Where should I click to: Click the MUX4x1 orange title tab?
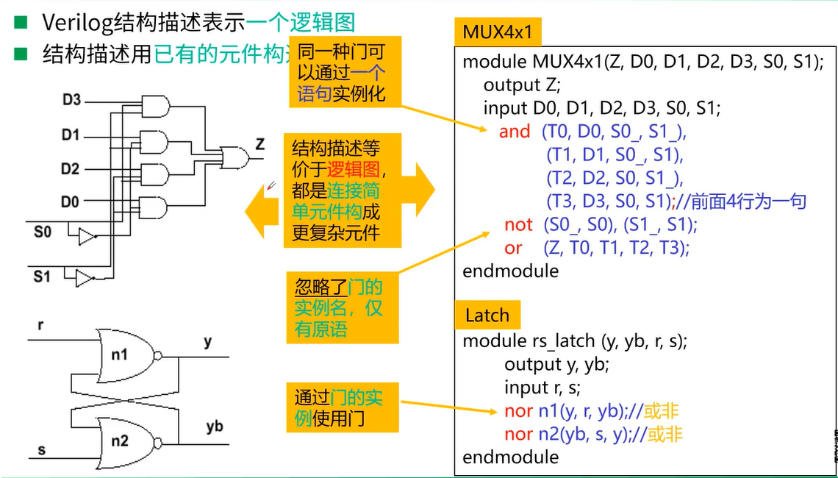(x=498, y=32)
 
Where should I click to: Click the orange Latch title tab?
(x=487, y=315)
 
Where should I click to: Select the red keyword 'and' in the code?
(x=514, y=132)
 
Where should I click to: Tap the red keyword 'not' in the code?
(x=518, y=224)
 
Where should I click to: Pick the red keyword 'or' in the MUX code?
(x=513, y=248)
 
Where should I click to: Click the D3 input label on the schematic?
(x=71, y=99)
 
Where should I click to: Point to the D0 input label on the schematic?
(x=71, y=201)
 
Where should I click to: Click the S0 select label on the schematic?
(x=43, y=232)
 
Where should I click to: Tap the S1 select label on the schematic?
(x=43, y=277)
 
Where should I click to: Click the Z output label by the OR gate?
(x=259, y=144)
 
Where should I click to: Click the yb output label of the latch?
(x=214, y=427)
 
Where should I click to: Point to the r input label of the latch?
(x=40, y=324)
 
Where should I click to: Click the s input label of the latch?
(x=41, y=449)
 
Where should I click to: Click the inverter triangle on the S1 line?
(x=84, y=279)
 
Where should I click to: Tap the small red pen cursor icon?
(x=271, y=185)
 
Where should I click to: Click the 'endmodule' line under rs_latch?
(x=510, y=457)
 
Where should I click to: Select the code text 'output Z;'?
(x=522, y=85)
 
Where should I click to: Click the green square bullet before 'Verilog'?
(x=21, y=22)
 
